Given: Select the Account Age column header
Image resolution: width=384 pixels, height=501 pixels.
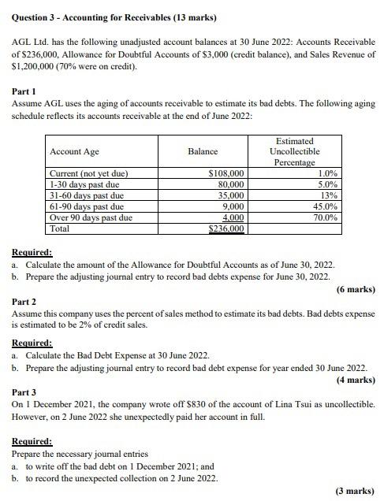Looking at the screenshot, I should tap(74, 151).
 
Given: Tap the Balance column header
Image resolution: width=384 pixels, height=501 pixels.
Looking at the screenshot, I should tap(203, 151).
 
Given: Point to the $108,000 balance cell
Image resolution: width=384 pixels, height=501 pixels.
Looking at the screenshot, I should tap(226, 173).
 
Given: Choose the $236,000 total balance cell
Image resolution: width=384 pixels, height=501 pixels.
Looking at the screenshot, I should tap(226, 228).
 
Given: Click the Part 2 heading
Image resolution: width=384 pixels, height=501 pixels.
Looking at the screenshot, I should tap(24, 302).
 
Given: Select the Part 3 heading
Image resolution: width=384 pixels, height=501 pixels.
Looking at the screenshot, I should tap(24, 392).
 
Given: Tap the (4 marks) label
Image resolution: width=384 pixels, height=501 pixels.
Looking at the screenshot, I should tap(354, 380).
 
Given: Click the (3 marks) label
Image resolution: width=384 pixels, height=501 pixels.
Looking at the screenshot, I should tap(354, 491).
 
